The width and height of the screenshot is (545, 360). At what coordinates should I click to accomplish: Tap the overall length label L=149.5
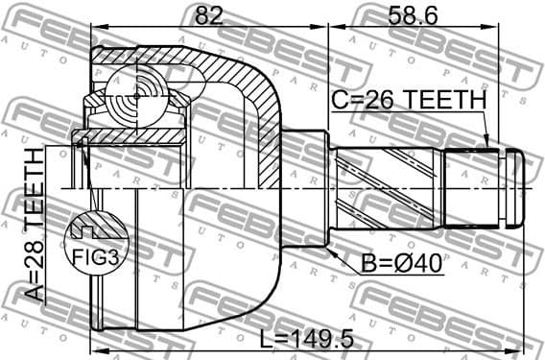tap(304, 338)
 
